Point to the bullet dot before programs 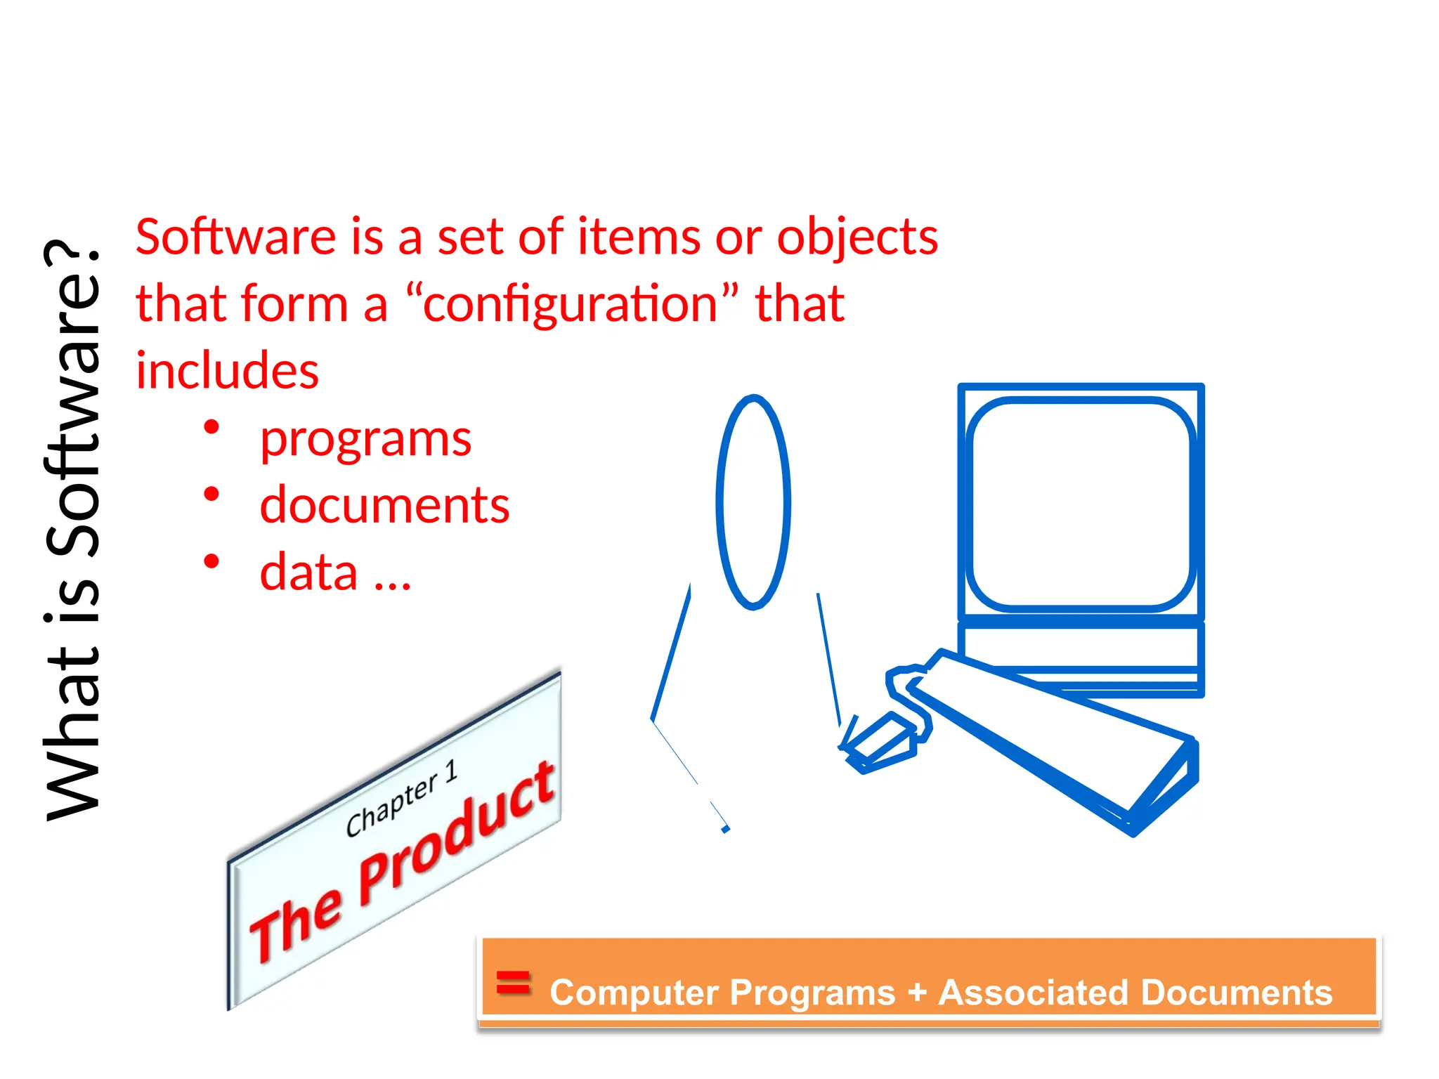[211, 427]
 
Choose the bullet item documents [384, 505]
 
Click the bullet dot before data [211, 561]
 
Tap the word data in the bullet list [308, 572]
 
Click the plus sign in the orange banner [917, 993]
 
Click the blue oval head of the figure [753, 502]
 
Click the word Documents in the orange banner [1237, 993]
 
